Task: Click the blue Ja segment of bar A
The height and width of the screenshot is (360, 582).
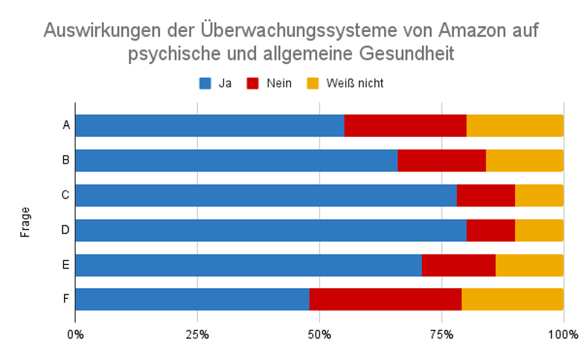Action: [x=210, y=125]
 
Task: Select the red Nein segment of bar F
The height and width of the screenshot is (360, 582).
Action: [x=386, y=300]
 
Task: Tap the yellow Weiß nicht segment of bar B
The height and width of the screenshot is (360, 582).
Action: [x=525, y=160]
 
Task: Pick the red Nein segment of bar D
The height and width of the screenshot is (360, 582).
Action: [x=490, y=230]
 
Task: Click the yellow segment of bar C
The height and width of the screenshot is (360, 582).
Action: [x=539, y=195]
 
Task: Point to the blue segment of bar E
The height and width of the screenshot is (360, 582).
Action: [x=248, y=265]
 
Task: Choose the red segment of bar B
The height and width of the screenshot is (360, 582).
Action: [x=442, y=160]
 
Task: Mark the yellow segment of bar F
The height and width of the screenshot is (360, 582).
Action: [x=512, y=300]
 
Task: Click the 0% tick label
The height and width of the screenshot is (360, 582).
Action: [x=75, y=335]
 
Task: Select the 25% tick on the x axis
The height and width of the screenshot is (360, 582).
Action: [x=197, y=335]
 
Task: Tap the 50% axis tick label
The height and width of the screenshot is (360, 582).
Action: [x=319, y=335]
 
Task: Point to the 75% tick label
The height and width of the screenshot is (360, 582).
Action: [x=442, y=335]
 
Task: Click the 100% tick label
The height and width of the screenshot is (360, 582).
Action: [x=563, y=335]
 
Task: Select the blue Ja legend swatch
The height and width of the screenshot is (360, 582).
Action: [x=205, y=84]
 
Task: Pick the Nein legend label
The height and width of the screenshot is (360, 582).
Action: [x=278, y=84]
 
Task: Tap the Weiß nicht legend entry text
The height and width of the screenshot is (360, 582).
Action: [x=354, y=84]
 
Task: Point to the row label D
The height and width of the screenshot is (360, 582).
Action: [x=65, y=230]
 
